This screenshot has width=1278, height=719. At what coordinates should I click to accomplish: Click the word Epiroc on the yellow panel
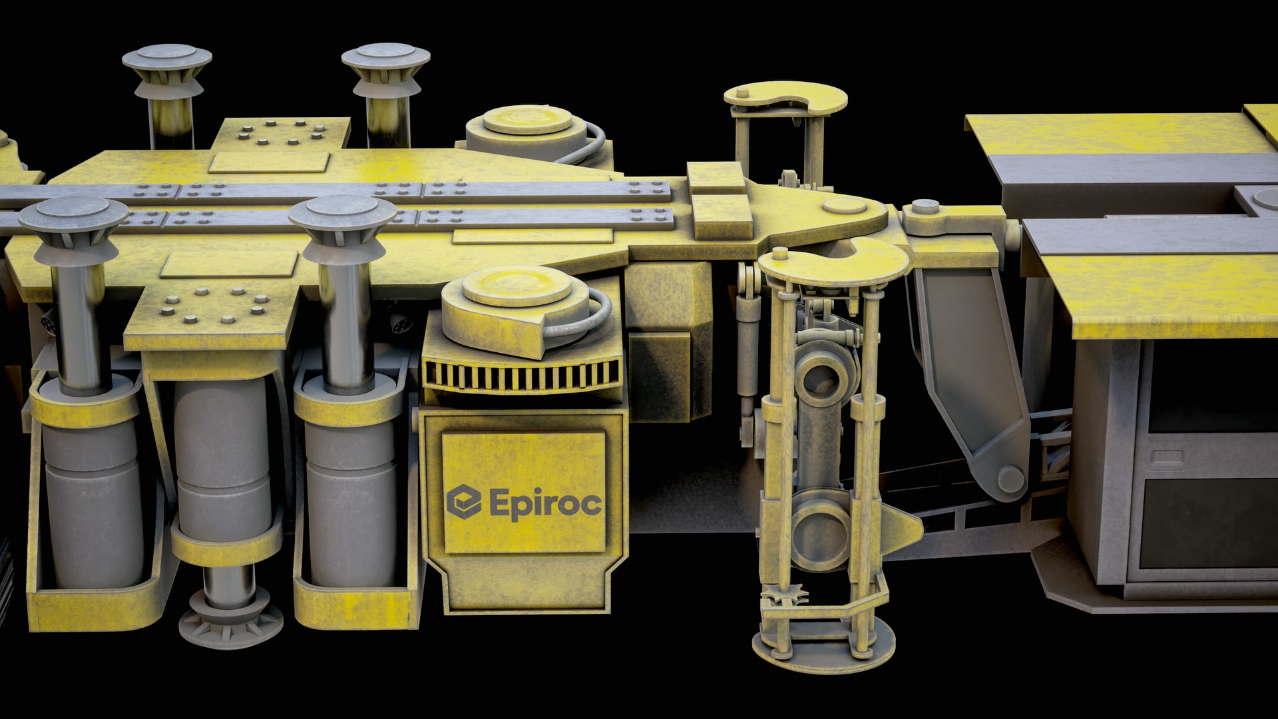546,503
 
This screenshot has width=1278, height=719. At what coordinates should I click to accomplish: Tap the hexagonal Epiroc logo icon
463,501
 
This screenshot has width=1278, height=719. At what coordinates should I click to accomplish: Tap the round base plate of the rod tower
823,649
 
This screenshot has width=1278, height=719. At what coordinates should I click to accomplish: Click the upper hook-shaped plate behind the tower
785,98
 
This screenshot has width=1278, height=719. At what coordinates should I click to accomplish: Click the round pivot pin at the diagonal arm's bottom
1010,479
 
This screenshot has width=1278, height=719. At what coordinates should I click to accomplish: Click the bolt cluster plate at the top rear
281,133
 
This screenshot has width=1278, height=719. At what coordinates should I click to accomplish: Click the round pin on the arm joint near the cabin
925,206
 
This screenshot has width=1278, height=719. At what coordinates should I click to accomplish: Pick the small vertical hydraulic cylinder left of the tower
747,346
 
